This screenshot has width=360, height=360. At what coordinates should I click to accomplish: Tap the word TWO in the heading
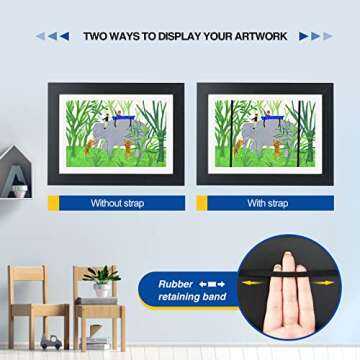click(97, 36)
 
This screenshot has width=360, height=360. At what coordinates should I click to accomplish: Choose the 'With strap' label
click(268, 203)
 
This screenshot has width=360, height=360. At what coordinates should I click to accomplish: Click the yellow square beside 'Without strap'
click(53, 203)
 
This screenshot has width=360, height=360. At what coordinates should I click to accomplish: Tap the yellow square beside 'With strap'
click(201, 203)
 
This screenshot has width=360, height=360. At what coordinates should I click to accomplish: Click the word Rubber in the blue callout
click(175, 283)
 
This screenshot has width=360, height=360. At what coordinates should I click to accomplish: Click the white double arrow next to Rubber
click(215, 283)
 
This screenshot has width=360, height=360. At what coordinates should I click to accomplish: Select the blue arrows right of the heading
click(314, 36)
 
